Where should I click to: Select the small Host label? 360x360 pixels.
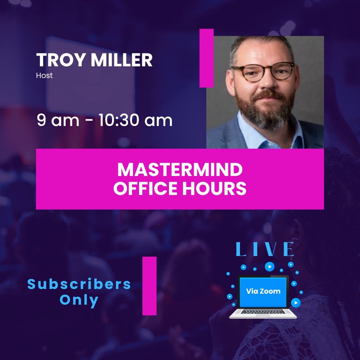click(44, 76)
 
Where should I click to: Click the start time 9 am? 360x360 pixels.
click(58, 120)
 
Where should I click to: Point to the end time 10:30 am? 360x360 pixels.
click(136, 120)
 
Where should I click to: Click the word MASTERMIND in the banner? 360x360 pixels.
click(180, 170)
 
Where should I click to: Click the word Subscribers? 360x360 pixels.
click(79, 284)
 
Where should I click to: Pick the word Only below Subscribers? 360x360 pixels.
click(79, 300)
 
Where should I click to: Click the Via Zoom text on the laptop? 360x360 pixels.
click(263, 291)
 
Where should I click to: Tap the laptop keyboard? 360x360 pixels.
click(263, 311)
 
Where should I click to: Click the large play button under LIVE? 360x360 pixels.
click(270, 267)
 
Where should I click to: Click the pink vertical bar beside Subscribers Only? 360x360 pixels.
click(149, 286)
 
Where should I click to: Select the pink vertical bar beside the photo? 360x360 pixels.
click(206, 58)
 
